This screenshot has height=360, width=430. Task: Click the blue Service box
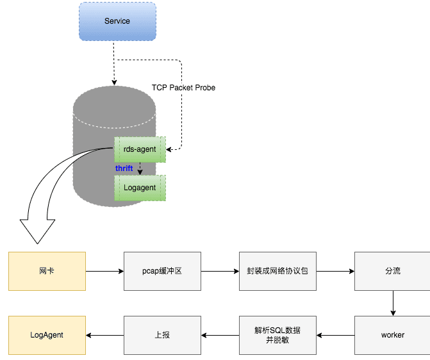(x=117, y=21)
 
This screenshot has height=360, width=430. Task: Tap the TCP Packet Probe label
(x=183, y=87)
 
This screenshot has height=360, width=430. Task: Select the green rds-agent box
(x=140, y=149)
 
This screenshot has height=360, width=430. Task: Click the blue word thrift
(x=124, y=168)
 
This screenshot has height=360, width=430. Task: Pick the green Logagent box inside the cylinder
(x=140, y=188)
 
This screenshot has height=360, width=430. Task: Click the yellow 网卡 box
(x=47, y=271)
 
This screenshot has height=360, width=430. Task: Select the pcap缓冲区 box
(x=162, y=271)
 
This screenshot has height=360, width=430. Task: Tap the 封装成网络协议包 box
(x=277, y=271)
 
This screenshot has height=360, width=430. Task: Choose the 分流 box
(x=392, y=271)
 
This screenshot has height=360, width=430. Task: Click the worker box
(x=392, y=334)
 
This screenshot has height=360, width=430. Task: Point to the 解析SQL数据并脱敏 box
(x=277, y=334)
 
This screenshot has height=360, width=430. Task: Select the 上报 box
(x=162, y=334)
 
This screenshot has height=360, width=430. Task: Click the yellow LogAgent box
(x=47, y=334)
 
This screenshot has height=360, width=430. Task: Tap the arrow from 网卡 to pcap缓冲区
(x=104, y=271)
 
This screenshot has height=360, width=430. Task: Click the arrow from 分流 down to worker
(x=392, y=303)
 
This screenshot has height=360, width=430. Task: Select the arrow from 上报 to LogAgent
(x=104, y=334)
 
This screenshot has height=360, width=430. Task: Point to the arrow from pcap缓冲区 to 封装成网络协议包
(x=220, y=271)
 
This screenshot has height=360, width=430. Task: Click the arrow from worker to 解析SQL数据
(x=335, y=334)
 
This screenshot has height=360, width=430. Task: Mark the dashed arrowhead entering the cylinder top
(x=115, y=82)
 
